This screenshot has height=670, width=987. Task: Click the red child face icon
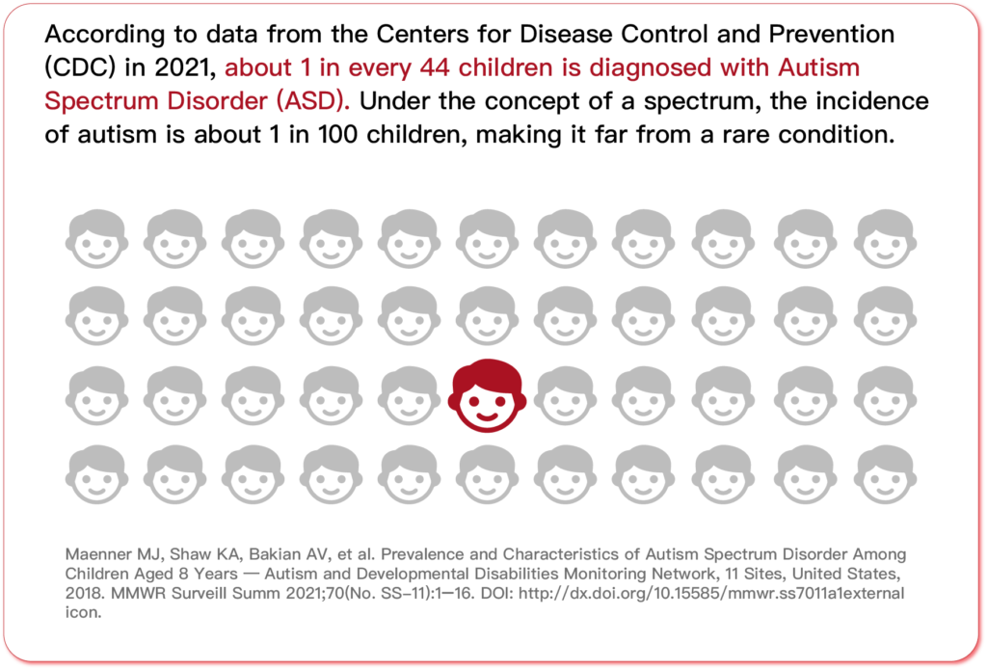coord(487,395)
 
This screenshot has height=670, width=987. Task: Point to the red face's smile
coord(487,415)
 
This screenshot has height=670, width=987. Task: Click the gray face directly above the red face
coord(487,316)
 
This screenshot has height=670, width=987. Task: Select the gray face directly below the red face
coord(487,475)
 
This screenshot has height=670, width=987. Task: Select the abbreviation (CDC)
coord(80,68)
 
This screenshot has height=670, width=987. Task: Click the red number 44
coord(435,68)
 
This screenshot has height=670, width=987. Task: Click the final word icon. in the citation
coord(83,613)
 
